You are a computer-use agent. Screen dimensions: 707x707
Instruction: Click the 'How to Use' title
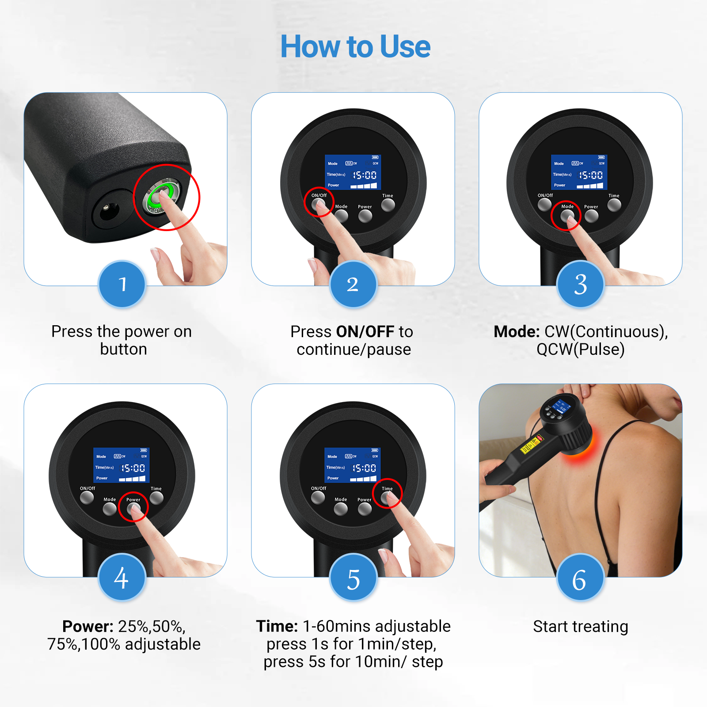(355, 46)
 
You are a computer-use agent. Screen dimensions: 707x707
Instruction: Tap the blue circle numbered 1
(122, 284)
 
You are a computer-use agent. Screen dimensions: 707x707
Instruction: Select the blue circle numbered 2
(353, 284)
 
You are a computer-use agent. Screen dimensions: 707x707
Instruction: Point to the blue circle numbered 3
(580, 284)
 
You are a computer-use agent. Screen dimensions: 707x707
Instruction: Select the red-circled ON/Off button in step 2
(318, 205)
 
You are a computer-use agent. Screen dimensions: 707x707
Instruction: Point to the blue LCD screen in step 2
(353, 172)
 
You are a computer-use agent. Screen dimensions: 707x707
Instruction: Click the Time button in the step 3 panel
(614, 205)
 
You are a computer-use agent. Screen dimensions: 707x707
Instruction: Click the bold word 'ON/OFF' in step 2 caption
(365, 332)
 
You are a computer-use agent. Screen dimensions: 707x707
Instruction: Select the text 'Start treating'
(580, 627)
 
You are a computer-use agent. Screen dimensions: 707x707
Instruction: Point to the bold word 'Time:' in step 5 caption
(277, 627)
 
